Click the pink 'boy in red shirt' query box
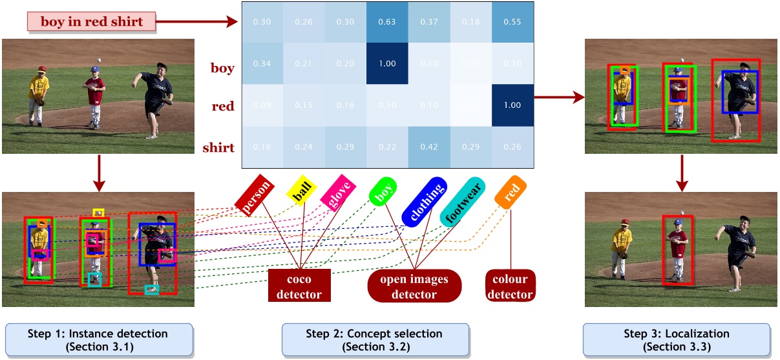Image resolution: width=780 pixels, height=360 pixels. (91, 22)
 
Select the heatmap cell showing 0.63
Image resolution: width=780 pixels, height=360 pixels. (388, 22)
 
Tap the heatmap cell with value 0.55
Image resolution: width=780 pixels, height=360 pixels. (512, 22)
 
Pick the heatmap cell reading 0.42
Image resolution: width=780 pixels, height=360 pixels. (430, 147)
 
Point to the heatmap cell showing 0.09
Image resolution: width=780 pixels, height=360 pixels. (262, 105)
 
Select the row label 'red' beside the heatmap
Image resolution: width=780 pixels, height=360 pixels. (223, 106)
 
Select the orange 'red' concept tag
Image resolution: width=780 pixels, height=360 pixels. (511, 192)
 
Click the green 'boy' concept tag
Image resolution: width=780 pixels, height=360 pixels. (383, 191)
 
